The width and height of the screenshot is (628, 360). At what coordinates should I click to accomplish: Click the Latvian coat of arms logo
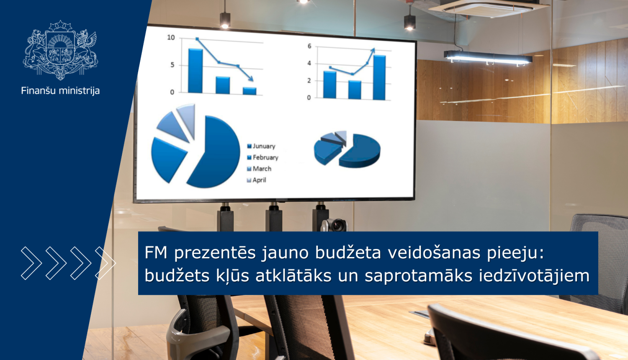pos(60,50)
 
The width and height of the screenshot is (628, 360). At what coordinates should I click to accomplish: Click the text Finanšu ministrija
pos(60,90)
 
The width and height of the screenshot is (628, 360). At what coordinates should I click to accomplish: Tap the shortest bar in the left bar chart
pos(250,91)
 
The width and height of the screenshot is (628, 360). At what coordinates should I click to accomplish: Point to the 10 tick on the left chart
pos(171,38)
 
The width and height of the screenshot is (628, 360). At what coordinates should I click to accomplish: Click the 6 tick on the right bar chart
pos(309,46)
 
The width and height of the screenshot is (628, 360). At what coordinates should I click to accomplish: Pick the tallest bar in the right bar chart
pos(379,77)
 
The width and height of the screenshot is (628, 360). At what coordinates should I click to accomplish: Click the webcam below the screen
pos(335,225)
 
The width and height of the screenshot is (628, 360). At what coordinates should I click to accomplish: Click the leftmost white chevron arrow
pos(31,263)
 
